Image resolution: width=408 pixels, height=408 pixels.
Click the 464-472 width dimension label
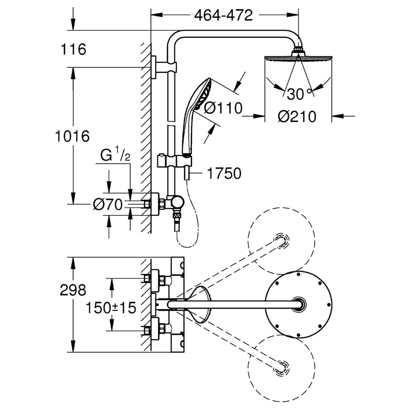point(224,16)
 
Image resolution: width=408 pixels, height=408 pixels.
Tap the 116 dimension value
point(73,50)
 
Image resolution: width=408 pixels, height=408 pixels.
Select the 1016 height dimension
point(72,137)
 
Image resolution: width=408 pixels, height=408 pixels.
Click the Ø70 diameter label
point(107,205)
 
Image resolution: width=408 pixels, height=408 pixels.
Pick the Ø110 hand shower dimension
point(223,108)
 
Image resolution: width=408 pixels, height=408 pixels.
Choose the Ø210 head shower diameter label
point(297,117)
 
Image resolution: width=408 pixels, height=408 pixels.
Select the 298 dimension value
point(73,290)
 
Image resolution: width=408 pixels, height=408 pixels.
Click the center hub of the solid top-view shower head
point(298,304)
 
